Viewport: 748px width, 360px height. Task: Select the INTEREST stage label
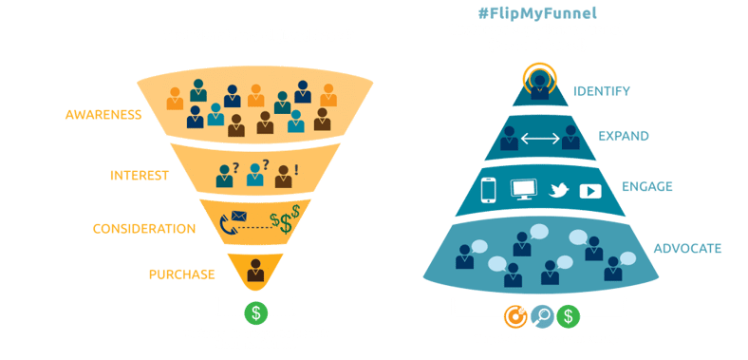click(139, 176)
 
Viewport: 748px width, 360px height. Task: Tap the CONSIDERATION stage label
click(144, 229)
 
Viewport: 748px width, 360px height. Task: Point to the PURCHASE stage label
click(182, 275)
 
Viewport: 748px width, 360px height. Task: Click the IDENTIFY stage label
click(601, 91)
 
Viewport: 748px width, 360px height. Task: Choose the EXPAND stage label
click(623, 136)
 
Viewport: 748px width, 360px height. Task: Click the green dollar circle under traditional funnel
click(254, 312)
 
